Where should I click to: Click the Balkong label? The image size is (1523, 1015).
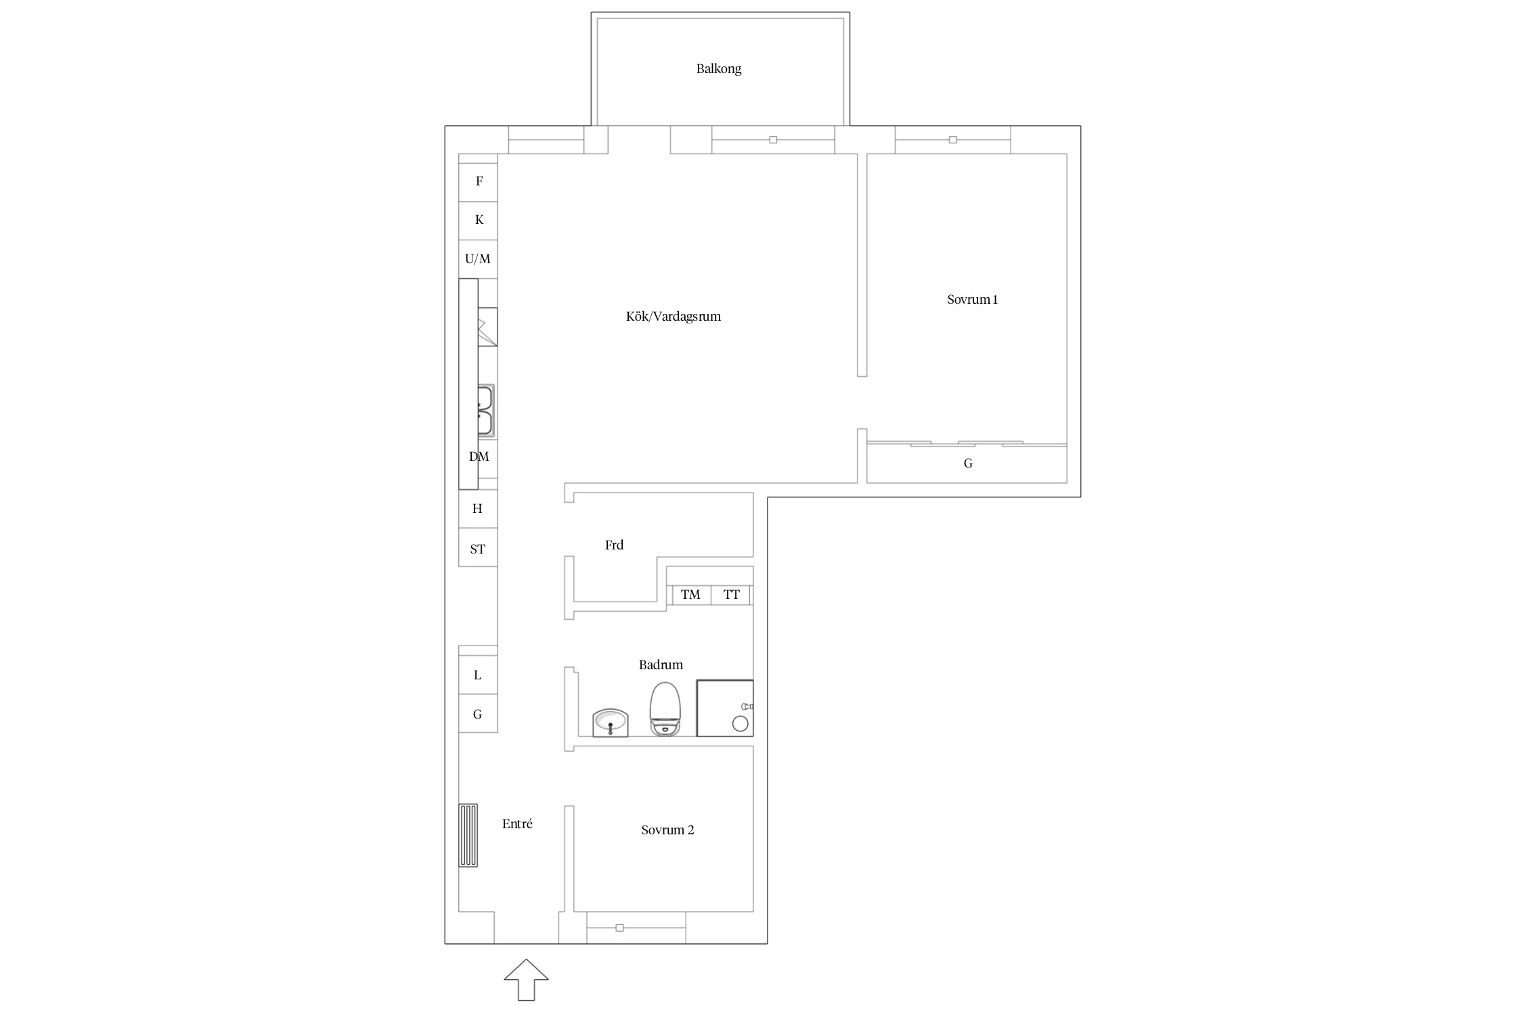(719, 69)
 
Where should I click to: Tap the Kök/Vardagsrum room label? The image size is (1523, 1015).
(674, 317)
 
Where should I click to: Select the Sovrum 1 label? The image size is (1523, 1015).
(973, 300)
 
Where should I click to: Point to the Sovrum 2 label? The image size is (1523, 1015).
(667, 830)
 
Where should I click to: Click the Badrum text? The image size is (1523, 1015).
(661, 665)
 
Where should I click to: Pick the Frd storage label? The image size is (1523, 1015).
(614, 545)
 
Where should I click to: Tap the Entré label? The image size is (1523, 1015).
(517, 824)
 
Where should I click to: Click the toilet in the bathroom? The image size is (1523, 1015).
(665, 709)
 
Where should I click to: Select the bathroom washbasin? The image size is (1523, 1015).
(611, 723)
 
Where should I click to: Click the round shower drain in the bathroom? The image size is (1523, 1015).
(741, 724)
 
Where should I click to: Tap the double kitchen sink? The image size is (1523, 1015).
(485, 411)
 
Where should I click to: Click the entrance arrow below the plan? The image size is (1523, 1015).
(526, 980)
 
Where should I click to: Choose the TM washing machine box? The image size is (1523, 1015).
(690, 595)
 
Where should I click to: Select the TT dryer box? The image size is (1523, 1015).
(731, 595)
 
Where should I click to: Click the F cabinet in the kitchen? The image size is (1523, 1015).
(478, 182)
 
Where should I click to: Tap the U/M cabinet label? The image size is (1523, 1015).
(478, 259)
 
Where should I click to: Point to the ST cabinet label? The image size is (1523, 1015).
(478, 549)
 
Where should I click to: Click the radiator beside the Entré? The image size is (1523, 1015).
(468, 836)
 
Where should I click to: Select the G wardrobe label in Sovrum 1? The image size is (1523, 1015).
(968, 464)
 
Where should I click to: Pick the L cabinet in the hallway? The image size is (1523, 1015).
(478, 675)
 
